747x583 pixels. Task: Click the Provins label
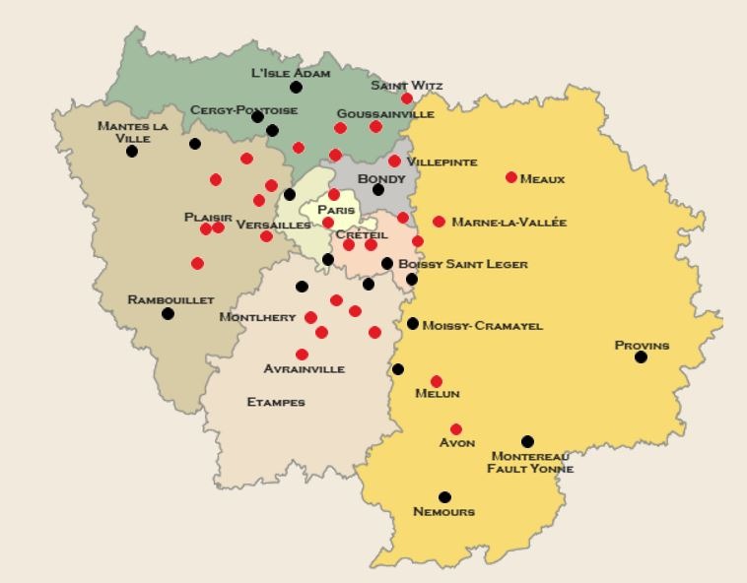642,346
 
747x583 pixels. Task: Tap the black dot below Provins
641,357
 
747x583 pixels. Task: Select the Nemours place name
444,512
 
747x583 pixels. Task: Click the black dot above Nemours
444,497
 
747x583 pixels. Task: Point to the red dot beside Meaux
511,178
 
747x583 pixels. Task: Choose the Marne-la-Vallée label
509,223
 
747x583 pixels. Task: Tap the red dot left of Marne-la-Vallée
439,222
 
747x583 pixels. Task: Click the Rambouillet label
170,300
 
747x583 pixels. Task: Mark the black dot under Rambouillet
169,314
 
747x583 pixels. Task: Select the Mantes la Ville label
133,132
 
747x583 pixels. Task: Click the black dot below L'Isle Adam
296,88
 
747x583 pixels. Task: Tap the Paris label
336,210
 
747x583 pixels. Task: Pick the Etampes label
276,402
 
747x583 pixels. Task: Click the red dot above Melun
437,381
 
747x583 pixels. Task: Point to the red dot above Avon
455,429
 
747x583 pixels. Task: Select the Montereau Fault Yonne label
530,463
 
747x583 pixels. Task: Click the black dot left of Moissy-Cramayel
413,324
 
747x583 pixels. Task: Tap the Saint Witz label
407,86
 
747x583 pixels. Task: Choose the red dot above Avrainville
302,355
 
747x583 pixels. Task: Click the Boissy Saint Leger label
462,264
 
